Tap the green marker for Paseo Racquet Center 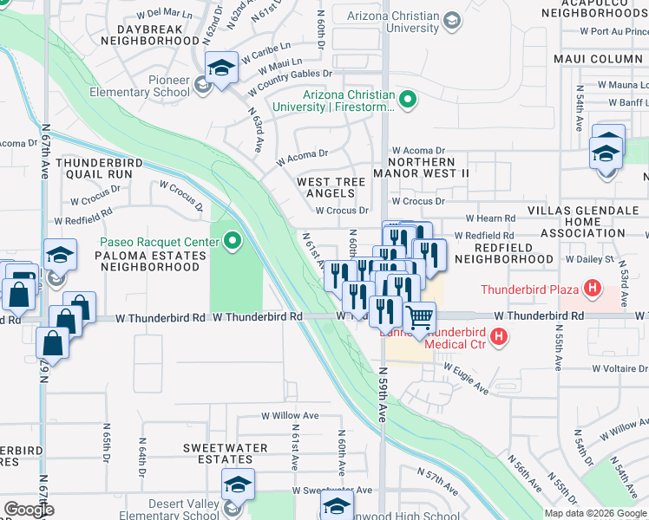(x=232, y=242)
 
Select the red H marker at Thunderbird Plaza (x=592, y=287)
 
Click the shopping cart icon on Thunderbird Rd (x=420, y=318)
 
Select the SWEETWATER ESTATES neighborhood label (x=223, y=453)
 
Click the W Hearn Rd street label (x=490, y=219)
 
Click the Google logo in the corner (x=29, y=510)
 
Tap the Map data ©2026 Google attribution (x=595, y=513)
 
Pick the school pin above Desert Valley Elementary (x=237, y=485)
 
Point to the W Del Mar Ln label (x=163, y=13)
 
